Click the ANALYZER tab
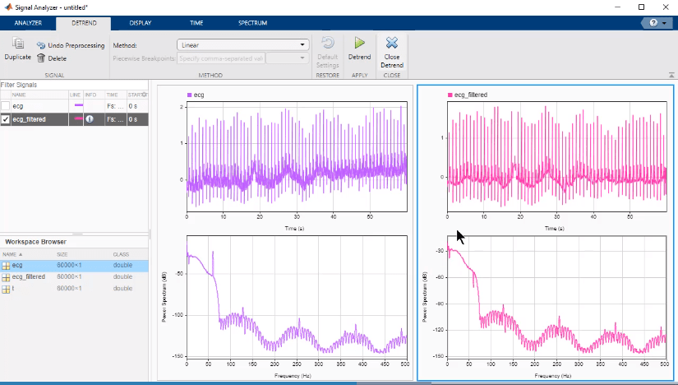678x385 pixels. (28, 23)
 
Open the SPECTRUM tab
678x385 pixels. (252, 23)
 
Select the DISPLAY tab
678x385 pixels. (141, 23)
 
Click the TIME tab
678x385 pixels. (196, 23)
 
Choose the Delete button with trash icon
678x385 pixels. (52, 58)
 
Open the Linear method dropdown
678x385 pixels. (242, 45)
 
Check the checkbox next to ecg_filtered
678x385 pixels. (6, 119)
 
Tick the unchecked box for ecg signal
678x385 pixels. (6, 106)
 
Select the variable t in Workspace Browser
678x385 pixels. (17, 289)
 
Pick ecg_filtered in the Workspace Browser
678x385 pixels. (29, 277)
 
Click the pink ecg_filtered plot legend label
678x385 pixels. (471, 95)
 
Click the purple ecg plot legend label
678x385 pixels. (198, 95)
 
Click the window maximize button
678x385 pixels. (641, 7)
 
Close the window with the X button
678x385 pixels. (665, 7)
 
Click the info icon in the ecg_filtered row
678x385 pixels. (90, 119)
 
